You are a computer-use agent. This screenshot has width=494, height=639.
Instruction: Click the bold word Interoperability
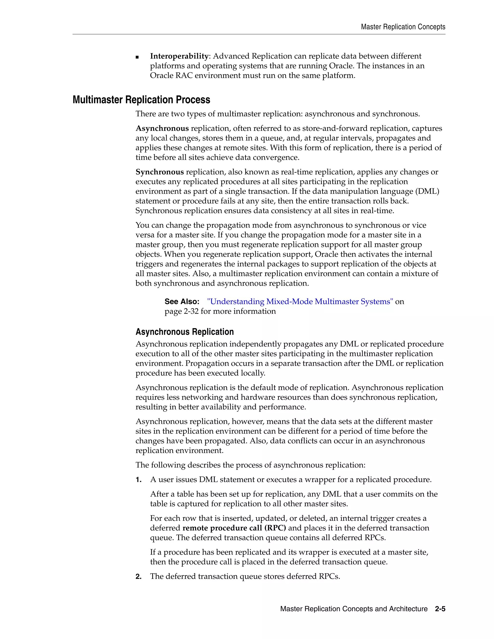pos(179,56)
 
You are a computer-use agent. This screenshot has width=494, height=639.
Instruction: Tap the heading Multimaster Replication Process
pos(141,100)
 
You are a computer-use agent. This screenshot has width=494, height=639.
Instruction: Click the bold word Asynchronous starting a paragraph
pos(162,129)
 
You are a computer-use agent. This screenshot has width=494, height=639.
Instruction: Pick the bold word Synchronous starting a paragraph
pos(159,172)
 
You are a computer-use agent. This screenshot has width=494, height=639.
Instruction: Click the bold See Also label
pos(182,302)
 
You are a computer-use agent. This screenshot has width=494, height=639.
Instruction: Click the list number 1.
pos(138,480)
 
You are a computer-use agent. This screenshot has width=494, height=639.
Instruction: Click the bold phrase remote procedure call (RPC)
pos(234,528)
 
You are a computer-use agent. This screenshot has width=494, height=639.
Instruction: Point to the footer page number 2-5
pos(440,609)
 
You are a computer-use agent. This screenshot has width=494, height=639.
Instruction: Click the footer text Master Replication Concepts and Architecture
pos(354,609)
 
